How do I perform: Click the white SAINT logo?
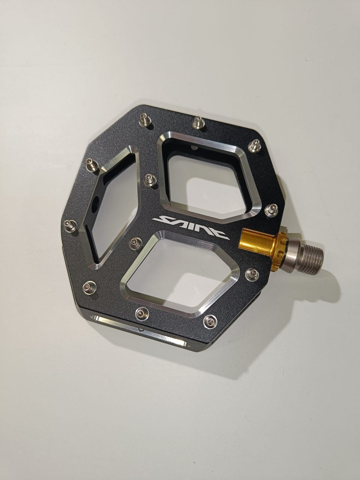point(190,227)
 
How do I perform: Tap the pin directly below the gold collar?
point(252,275)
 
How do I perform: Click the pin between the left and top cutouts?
point(150,180)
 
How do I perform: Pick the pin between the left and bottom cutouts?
point(136,243)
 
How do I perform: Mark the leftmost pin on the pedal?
point(70,225)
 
